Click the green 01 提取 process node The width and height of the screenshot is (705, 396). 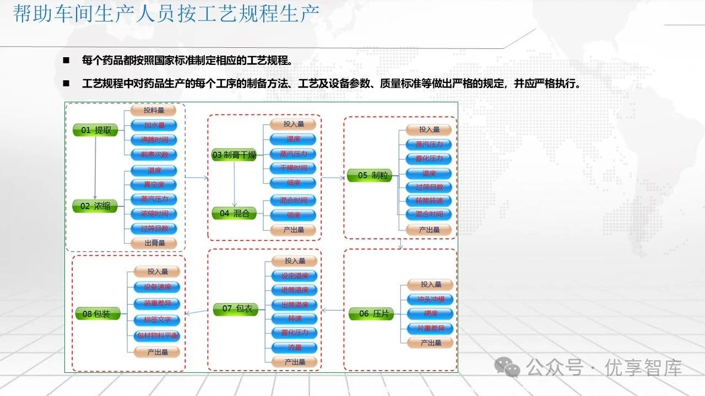coord(95,130)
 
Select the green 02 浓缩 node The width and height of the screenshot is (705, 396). coord(95,206)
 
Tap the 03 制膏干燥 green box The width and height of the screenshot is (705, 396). coord(235,155)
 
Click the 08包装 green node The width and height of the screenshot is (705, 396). coord(97,313)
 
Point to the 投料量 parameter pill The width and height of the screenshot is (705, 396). coord(154,111)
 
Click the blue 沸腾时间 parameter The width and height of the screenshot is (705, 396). coord(154,140)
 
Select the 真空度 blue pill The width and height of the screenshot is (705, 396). coord(154,184)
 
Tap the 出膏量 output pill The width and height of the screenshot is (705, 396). coord(154,242)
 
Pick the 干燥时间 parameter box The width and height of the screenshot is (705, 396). coord(293,168)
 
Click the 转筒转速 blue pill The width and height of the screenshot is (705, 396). coord(429,201)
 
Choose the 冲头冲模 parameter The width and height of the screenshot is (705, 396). coord(431,299)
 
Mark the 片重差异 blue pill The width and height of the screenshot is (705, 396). coord(431,328)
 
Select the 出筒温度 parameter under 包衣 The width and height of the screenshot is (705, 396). coord(294,304)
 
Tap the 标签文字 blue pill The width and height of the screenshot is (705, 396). coord(158,319)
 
